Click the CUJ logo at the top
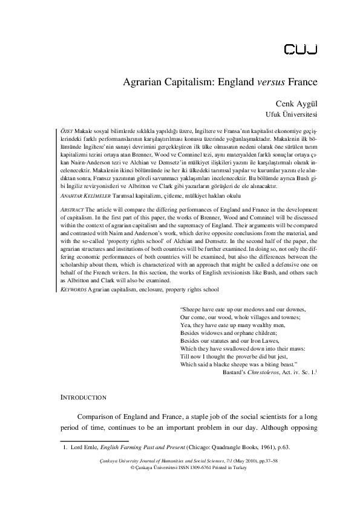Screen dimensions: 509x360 [x=298, y=48]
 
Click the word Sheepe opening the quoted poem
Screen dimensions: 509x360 [x=194, y=310]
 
